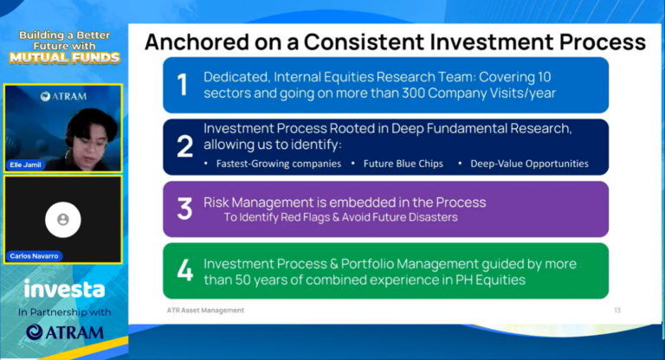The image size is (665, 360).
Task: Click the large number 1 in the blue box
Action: pos(183,85)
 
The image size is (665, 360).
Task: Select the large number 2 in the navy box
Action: pos(184,146)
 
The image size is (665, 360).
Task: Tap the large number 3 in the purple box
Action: pos(184,209)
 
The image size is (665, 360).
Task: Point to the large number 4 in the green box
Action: pos(184,271)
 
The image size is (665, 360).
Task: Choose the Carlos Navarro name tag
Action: pos(34,256)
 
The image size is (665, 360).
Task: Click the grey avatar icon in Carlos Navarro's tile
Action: pos(62,220)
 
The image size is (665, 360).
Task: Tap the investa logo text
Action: pos(64,289)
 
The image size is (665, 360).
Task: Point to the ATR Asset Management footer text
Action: pos(205,310)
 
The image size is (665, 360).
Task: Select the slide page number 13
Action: pos(617,310)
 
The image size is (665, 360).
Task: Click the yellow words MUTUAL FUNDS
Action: pos(63,58)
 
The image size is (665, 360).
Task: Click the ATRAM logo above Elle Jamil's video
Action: pos(63,96)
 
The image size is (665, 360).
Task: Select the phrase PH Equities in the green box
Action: pos(489,280)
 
